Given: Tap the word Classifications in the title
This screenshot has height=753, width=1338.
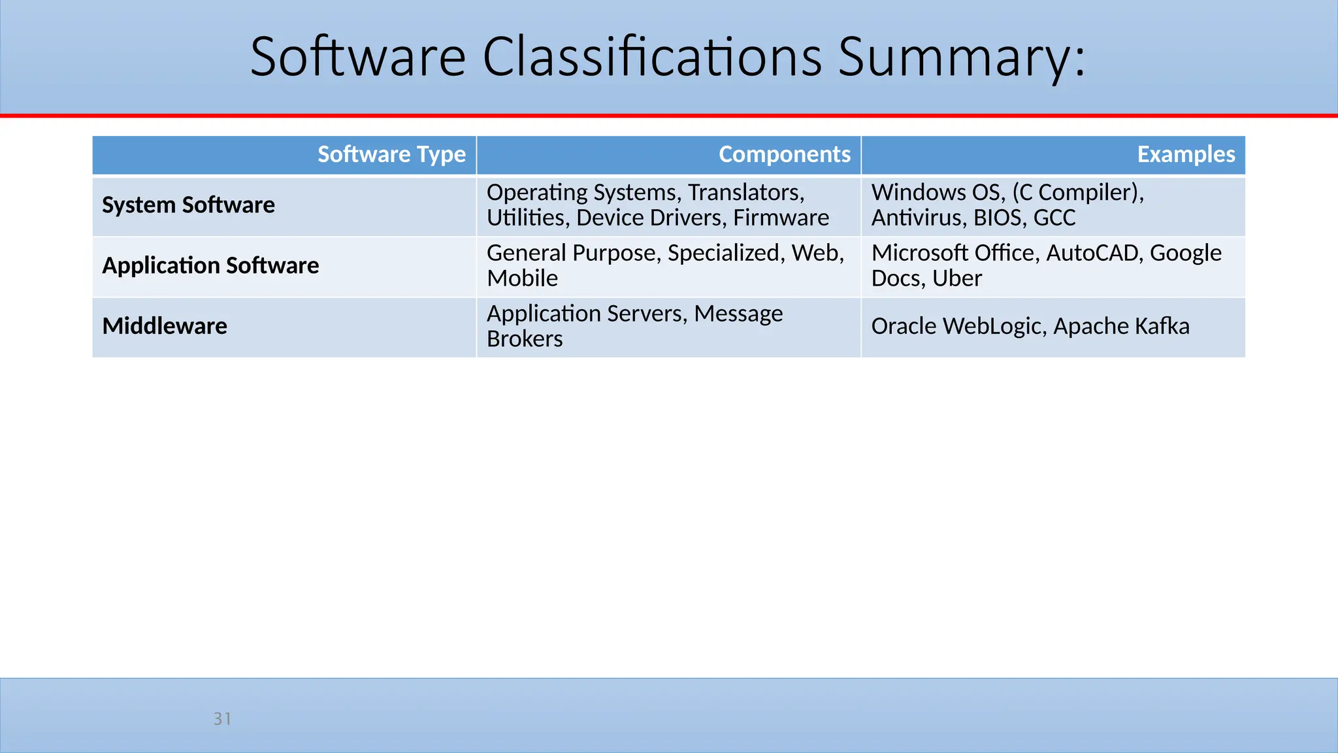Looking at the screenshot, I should pos(652,58).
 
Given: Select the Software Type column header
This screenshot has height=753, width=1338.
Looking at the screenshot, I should pos(391,154).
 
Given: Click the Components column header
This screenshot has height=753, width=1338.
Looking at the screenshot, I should pos(784,154).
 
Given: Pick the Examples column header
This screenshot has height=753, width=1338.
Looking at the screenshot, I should pos(1186,154).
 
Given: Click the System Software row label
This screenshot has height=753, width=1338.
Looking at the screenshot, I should pos(188,205).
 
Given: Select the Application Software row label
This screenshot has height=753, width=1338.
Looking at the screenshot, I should pos(210,265).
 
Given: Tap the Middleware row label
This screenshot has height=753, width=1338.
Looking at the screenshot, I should pos(165,326).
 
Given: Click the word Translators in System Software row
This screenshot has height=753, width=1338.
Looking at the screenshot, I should pos(745,192).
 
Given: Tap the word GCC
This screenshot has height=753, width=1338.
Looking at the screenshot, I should pos(1054,218).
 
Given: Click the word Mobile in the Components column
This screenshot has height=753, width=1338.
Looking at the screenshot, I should pos(522,278).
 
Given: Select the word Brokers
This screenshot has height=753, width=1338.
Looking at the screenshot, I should pos(525,339).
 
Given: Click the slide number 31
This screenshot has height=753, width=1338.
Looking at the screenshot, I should pos(222,719).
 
